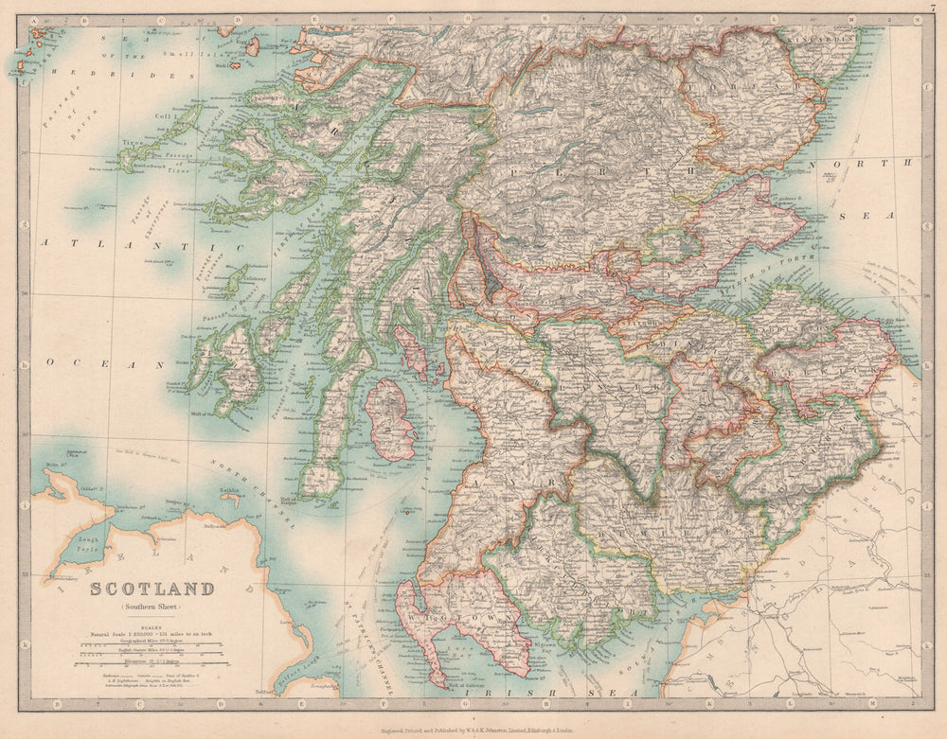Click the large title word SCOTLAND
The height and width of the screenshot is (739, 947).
tap(152, 589)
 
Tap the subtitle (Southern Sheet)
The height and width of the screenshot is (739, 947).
tap(152, 607)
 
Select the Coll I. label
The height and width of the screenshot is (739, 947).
tap(163, 117)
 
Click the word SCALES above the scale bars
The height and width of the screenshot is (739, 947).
tap(152, 625)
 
